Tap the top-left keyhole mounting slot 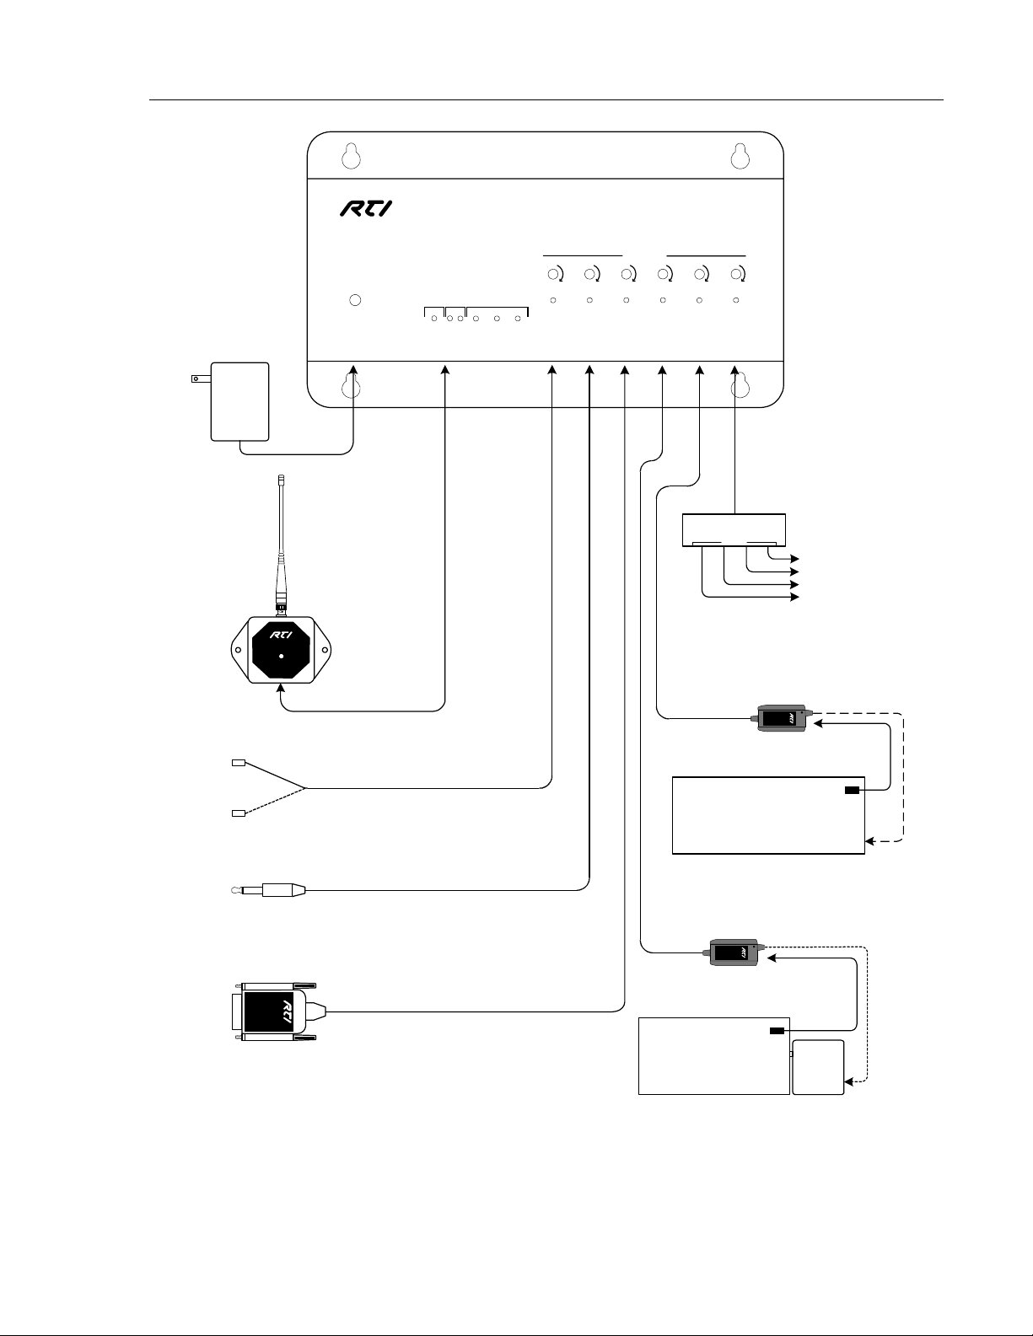pyautogui.click(x=352, y=156)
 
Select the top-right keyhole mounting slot pyautogui.click(x=740, y=156)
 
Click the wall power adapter pyautogui.click(x=239, y=400)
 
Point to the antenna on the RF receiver pyautogui.click(x=281, y=539)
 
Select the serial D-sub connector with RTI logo pyautogui.click(x=274, y=1010)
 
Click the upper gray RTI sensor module pyautogui.click(x=782, y=719)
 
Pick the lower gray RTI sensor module pyautogui.click(x=734, y=952)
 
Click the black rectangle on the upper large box pyautogui.click(x=852, y=790)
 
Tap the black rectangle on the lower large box pyautogui.click(x=777, y=1031)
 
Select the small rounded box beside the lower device pyautogui.click(x=818, y=1067)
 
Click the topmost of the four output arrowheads pyautogui.click(x=794, y=558)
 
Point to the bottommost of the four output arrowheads pyautogui.click(x=794, y=597)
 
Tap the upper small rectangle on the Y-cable pyautogui.click(x=238, y=764)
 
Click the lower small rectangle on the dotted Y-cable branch pyautogui.click(x=238, y=813)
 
